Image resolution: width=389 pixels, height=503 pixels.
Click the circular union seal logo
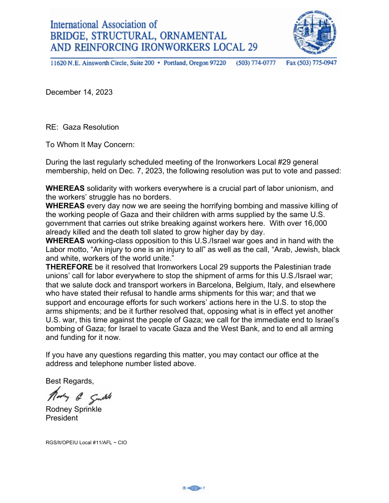coord(315,33)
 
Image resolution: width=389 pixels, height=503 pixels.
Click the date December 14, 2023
coord(79,92)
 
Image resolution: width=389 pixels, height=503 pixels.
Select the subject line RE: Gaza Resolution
coord(82,127)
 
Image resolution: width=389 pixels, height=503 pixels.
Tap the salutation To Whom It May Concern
coord(90,145)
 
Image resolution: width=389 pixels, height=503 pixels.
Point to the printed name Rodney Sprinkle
coord(73,409)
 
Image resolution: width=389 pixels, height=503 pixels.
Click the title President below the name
coord(62,418)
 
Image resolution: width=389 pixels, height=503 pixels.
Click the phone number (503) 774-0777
coord(256,63)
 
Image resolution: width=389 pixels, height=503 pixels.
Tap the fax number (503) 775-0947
coord(311,63)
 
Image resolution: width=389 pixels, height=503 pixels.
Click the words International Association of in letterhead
coord(104,24)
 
